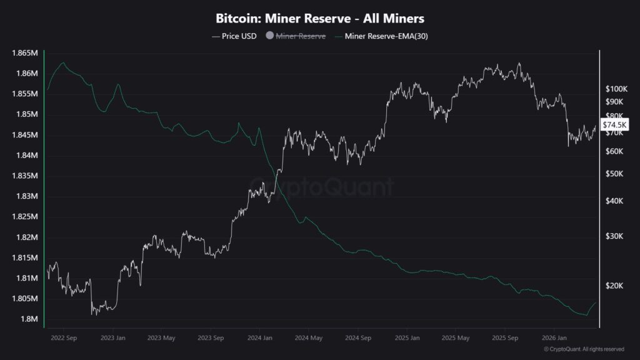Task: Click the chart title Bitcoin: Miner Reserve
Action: click(319, 19)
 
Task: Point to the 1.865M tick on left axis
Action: click(24, 53)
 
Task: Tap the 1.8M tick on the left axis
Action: click(29, 319)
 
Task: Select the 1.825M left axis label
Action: click(24, 217)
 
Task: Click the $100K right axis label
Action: click(616, 89)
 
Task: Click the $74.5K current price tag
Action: click(615, 126)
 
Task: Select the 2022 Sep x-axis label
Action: click(64, 337)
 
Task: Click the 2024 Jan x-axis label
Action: click(260, 337)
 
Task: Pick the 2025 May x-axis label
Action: click(456, 337)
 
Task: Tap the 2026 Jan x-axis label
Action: click(554, 337)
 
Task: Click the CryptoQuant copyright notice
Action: click(583, 349)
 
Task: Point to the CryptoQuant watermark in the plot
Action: click(322, 186)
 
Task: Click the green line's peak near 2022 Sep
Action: click(62, 63)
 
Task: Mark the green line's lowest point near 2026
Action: click(587, 315)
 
